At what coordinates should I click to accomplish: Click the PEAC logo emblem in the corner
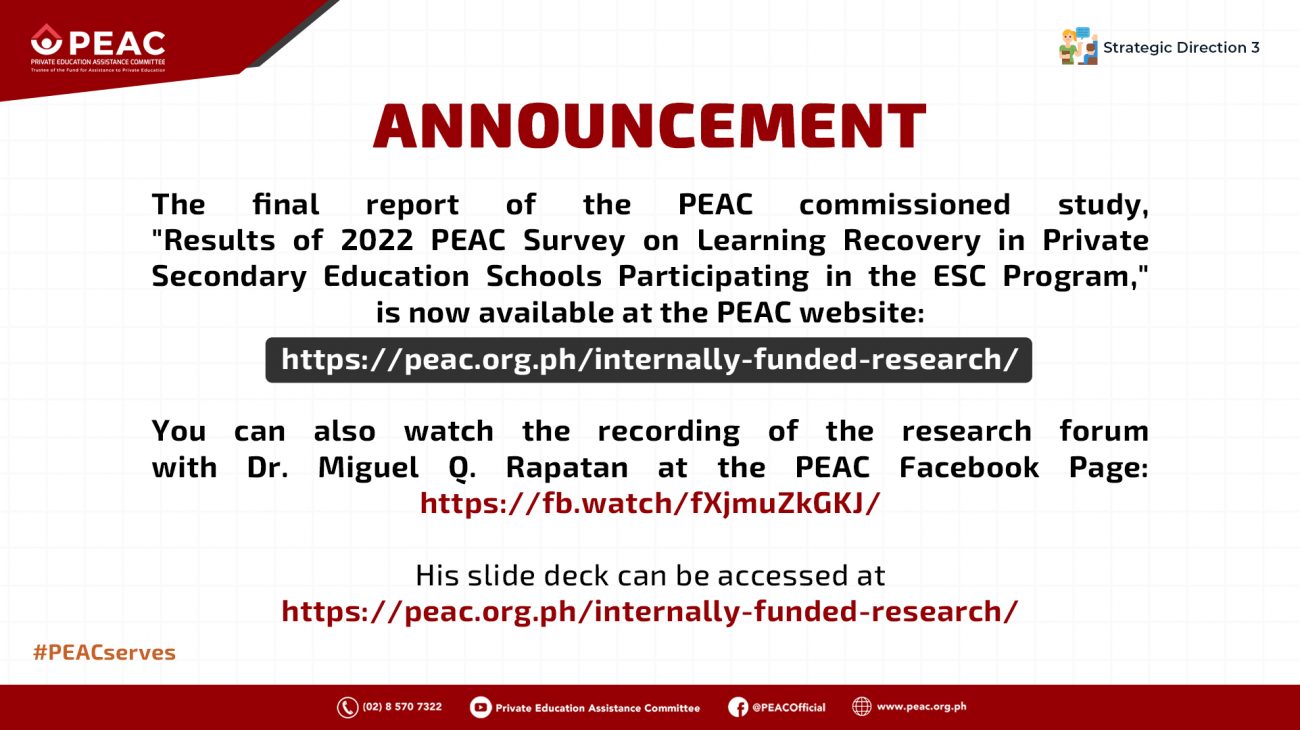pos(46,39)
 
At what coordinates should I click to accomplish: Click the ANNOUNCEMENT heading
pos(649,126)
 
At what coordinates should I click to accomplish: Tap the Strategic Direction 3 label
pos(1181,48)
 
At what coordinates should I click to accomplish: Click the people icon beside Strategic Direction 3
pos(1078,46)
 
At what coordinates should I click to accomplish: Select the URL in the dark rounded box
pos(649,360)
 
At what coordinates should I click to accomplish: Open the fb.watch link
pos(650,503)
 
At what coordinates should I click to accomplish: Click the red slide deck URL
pos(649,612)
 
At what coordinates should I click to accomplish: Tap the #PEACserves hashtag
pos(104,652)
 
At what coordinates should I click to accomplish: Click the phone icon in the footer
pos(347,707)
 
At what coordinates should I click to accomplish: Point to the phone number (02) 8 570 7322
pos(402,707)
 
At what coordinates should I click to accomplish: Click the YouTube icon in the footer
pos(481,707)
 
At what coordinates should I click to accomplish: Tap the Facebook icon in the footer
pos(738,707)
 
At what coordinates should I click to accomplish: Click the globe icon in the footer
pos(862,707)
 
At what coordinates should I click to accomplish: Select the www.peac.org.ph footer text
pos(922,707)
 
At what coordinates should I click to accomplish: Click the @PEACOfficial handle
pos(789,707)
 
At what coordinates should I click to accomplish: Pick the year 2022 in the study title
pos(377,240)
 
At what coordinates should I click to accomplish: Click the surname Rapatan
pos(567,468)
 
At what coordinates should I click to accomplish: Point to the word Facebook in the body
pos(969,467)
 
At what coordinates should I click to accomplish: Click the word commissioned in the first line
pos(905,204)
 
